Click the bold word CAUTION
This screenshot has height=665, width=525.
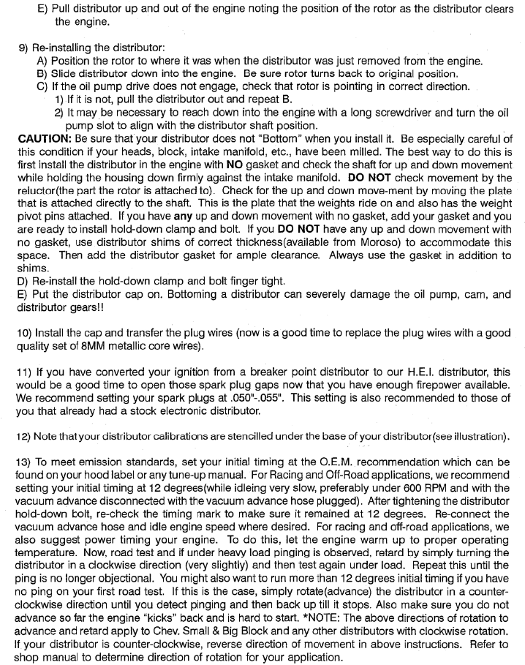(x=43, y=138)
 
